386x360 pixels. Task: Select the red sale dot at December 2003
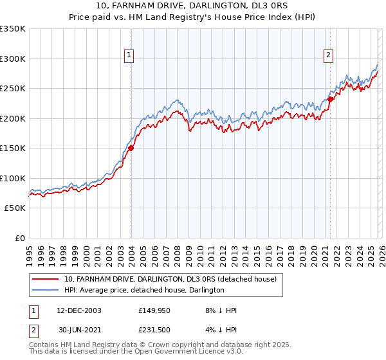click(131, 148)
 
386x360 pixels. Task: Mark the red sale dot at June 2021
click(330, 99)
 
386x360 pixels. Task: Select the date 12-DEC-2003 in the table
click(78, 310)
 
